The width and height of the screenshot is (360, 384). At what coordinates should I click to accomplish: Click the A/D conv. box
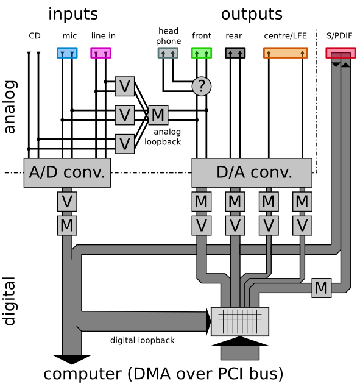click(67, 172)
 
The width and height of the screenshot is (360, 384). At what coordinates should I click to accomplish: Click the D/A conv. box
click(252, 172)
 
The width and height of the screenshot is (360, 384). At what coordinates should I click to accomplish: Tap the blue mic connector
click(67, 52)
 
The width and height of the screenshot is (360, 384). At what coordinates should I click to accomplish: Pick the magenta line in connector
click(101, 52)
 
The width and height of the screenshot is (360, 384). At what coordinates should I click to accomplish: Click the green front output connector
click(202, 52)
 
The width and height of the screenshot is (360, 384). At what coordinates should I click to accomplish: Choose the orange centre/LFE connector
click(286, 52)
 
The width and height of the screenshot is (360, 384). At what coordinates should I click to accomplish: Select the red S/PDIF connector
click(341, 52)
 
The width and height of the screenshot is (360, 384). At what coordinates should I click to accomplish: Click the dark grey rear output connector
click(235, 52)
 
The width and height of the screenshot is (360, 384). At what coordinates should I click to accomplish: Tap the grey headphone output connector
click(168, 52)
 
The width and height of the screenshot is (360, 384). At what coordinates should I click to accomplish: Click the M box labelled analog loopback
click(158, 115)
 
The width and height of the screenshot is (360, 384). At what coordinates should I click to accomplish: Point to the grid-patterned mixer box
click(240, 321)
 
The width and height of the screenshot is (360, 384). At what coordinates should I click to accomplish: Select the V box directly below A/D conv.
click(67, 201)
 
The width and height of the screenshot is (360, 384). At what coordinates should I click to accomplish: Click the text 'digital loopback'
click(142, 340)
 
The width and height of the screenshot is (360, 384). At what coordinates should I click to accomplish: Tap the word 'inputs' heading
click(73, 14)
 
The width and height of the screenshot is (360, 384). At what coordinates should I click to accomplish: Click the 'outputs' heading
click(252, 14)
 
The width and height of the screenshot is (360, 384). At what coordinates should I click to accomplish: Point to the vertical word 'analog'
click(10, 107)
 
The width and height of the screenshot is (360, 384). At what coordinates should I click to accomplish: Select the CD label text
click(35, 36)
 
